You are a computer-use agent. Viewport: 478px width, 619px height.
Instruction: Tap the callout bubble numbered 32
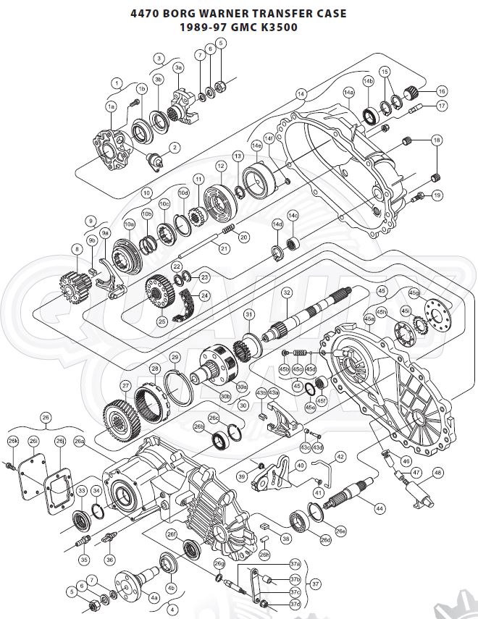tap(288, 292)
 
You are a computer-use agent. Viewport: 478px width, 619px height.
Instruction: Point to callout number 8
tap(77, 249)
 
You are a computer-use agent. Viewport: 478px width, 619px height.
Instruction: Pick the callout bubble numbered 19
tap(437, 195)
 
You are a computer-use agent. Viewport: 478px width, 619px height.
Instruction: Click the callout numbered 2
tap(175, 147)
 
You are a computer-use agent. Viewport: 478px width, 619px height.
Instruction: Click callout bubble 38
tap(286, 539)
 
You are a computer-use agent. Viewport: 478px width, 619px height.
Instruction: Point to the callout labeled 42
tap(340, 457)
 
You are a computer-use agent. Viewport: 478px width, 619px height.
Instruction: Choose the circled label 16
tap(442, 91)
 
